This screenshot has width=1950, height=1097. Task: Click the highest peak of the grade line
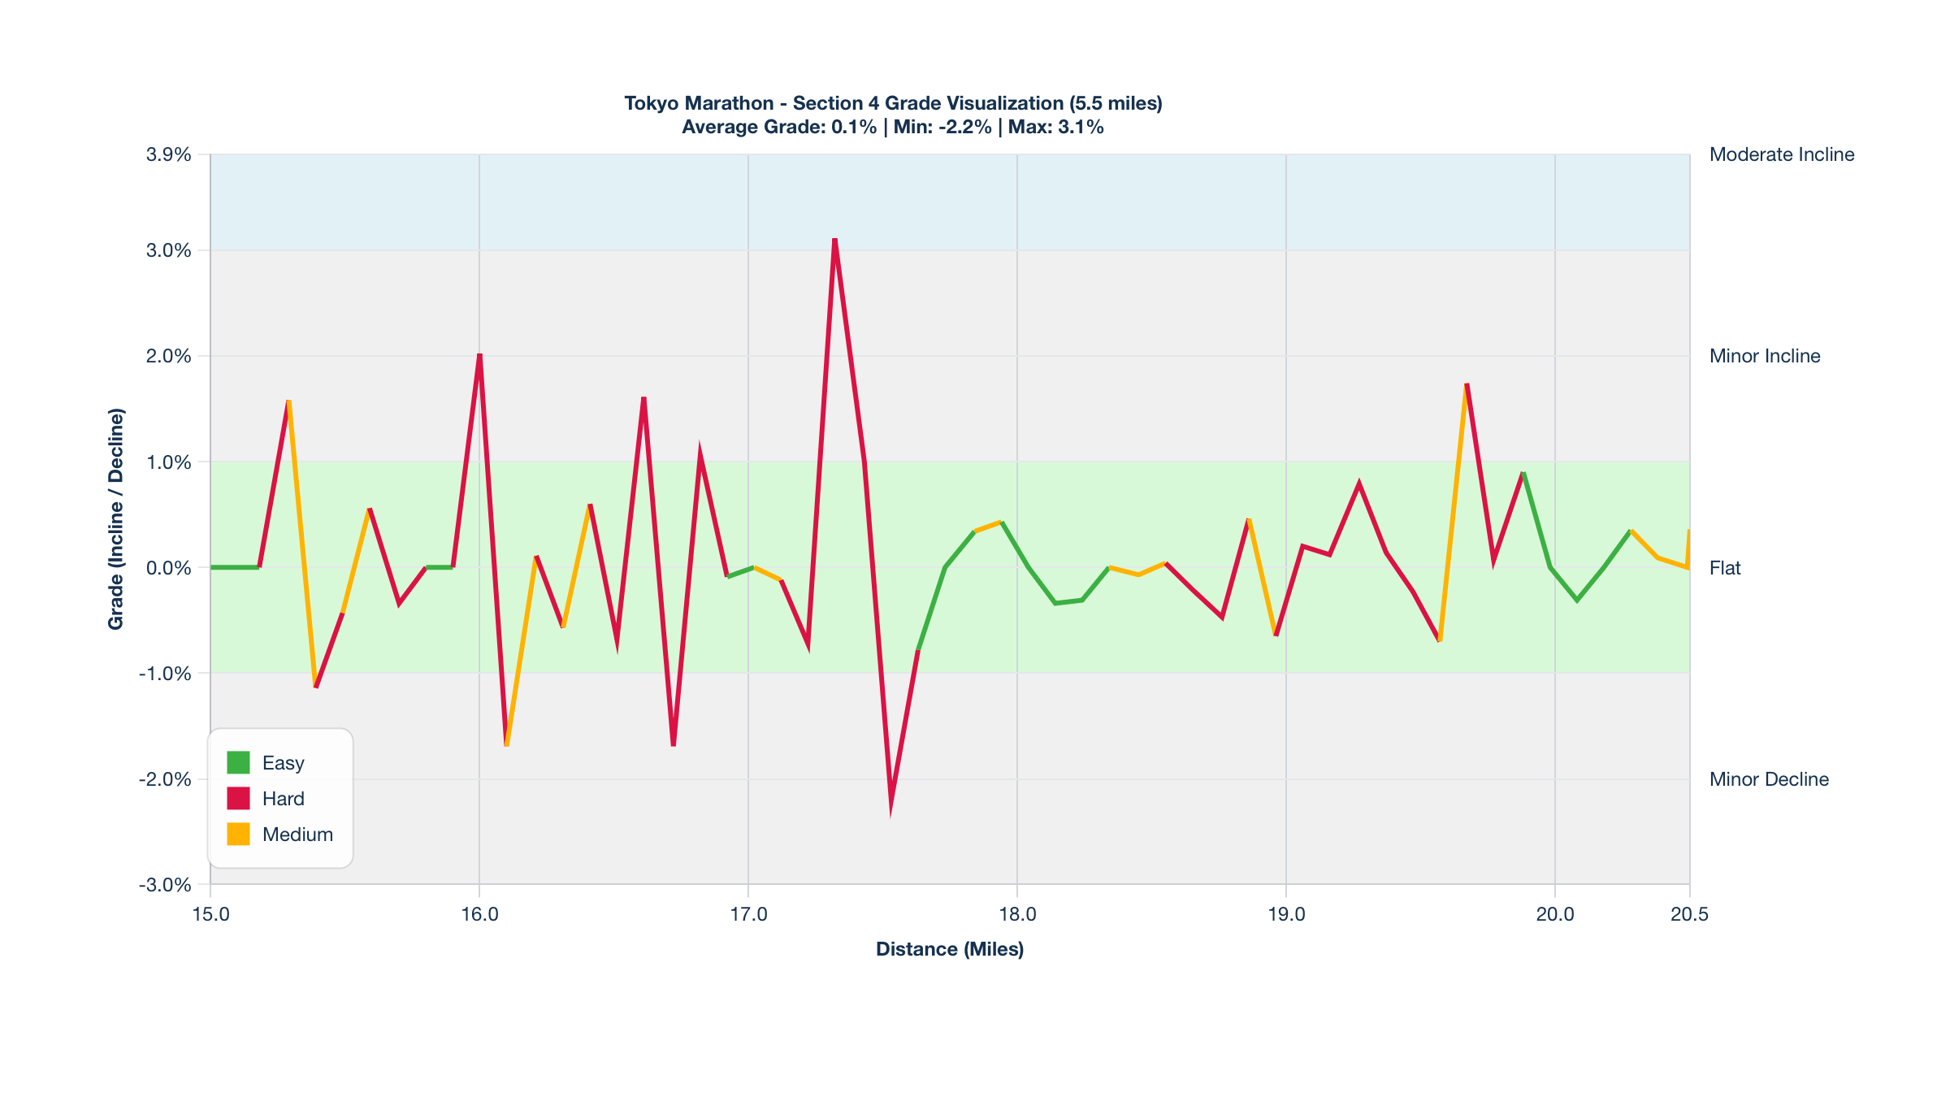tap(834, 241)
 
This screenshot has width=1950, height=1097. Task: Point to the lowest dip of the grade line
tap(890, 804)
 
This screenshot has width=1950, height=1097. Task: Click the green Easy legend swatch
tap(238, 763)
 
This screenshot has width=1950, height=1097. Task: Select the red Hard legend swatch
tap(238, 799)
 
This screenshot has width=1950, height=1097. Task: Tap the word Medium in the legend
tap(297, 835)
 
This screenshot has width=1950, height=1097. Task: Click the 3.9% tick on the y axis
tap(169, 154)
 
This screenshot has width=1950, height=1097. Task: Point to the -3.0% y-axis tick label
tap(166, 885)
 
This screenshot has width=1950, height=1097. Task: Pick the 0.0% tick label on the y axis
tap(169, 568)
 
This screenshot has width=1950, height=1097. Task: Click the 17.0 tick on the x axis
tap(748, 914)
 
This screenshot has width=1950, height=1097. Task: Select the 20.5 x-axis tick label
tap(1689, 914)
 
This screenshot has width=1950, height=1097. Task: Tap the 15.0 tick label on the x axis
tap(210, 914)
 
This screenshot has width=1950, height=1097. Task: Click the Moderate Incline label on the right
tap(1781, 154)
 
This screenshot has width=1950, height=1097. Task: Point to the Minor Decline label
tap(1769, 779)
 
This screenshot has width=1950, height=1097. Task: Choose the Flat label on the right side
tap(1725, 568)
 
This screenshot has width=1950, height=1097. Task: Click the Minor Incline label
tap(1765, 356)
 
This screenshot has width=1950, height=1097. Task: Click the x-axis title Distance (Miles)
tap(949, 949)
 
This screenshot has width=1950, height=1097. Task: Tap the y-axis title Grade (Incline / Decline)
tap(116, 518)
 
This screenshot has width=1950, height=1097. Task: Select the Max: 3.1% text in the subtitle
tap(1055, 127)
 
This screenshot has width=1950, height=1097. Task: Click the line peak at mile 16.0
tap(479, 357)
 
